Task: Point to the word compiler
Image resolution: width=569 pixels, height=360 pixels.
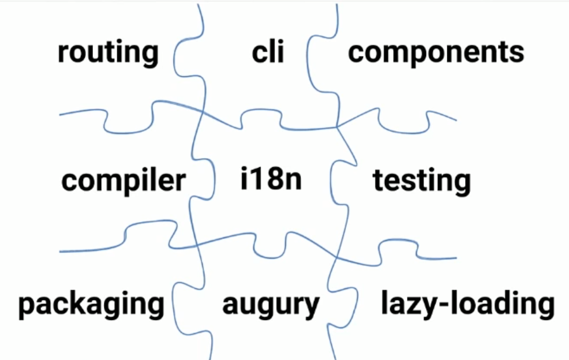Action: [123, 181]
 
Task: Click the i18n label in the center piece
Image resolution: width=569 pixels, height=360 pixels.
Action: [271, 180]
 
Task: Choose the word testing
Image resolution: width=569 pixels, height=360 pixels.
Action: [421, 181]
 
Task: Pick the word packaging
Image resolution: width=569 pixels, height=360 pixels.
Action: [91, 304]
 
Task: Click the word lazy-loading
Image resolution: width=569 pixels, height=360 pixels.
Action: [467, 304]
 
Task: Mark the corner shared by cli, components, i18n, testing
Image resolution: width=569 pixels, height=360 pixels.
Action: [338, 126]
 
